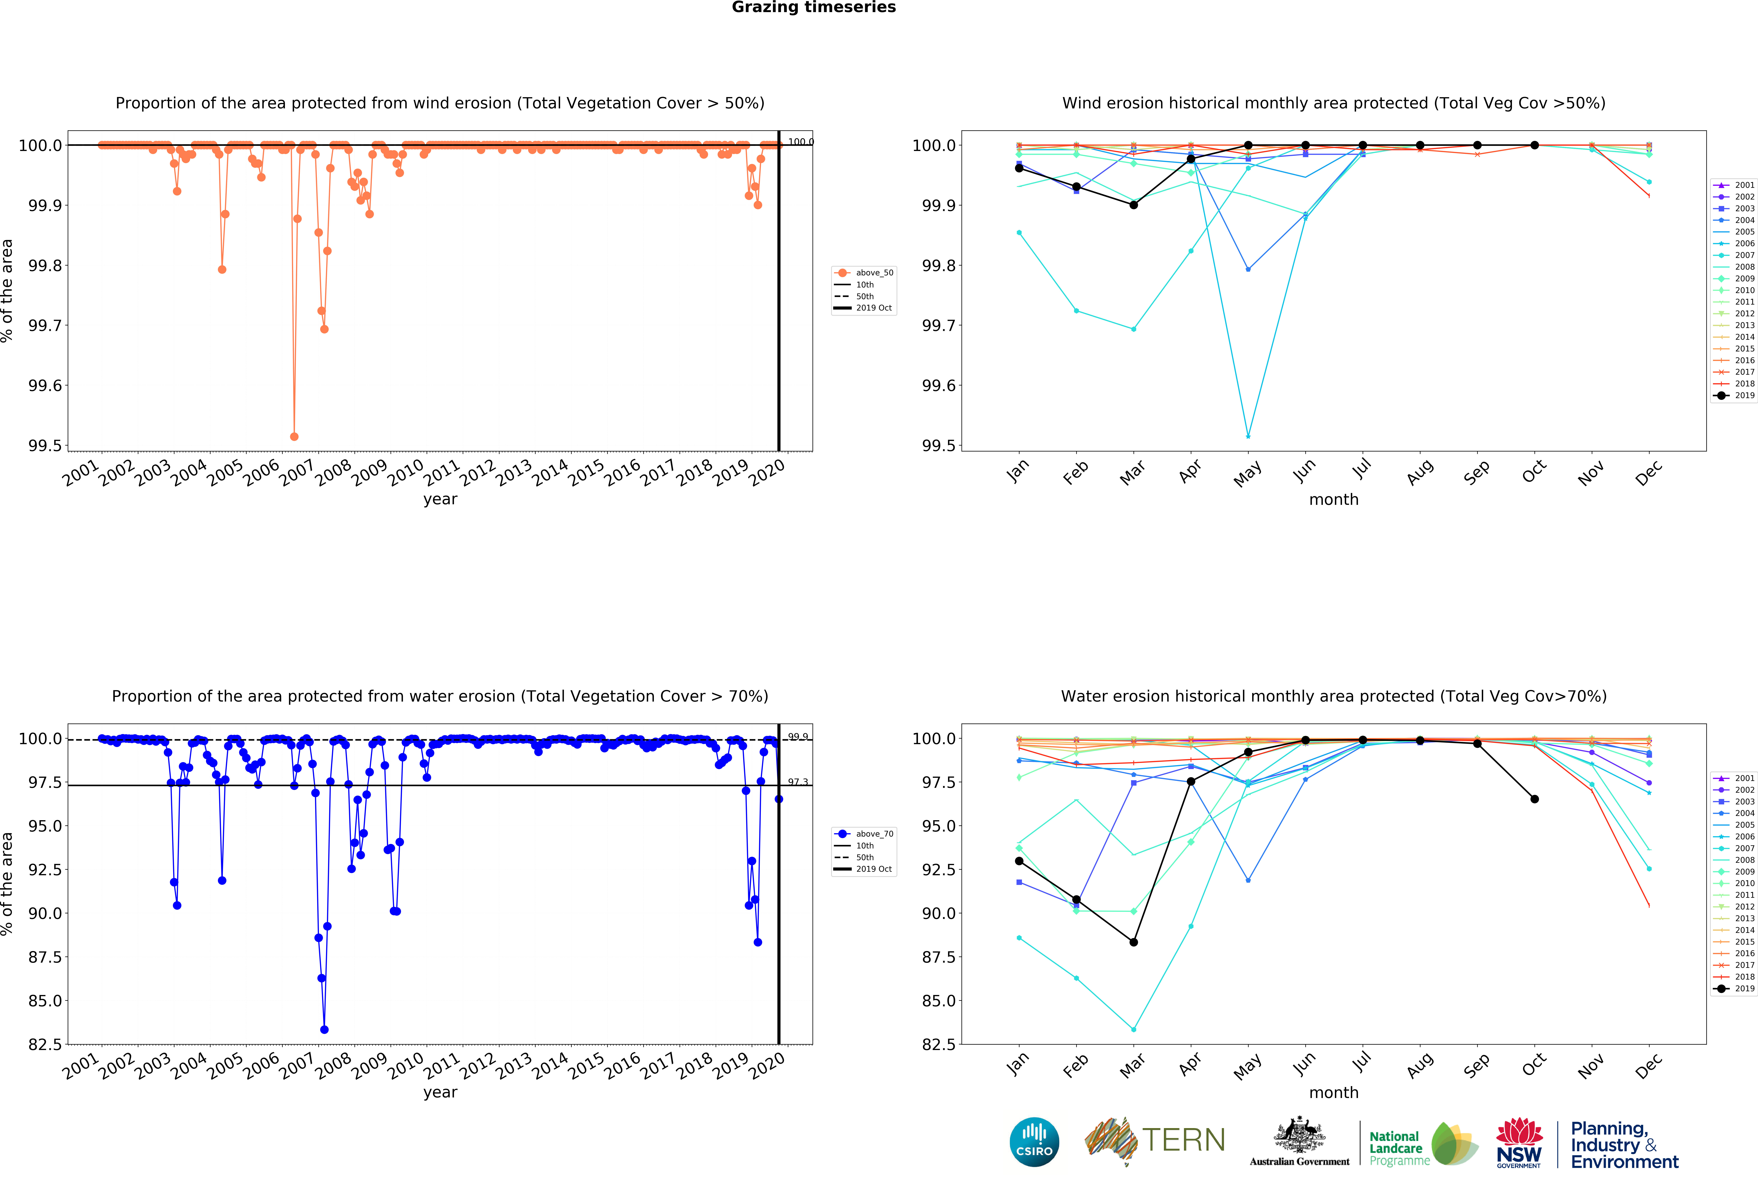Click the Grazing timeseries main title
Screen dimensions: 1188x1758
click(x=813, y=8)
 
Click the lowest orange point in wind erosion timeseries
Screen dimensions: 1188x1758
click(x=294, y=436)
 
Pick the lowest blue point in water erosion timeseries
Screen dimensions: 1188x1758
click(x=325, y=1029)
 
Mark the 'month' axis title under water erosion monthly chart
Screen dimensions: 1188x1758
click(x=1334, y=1093)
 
